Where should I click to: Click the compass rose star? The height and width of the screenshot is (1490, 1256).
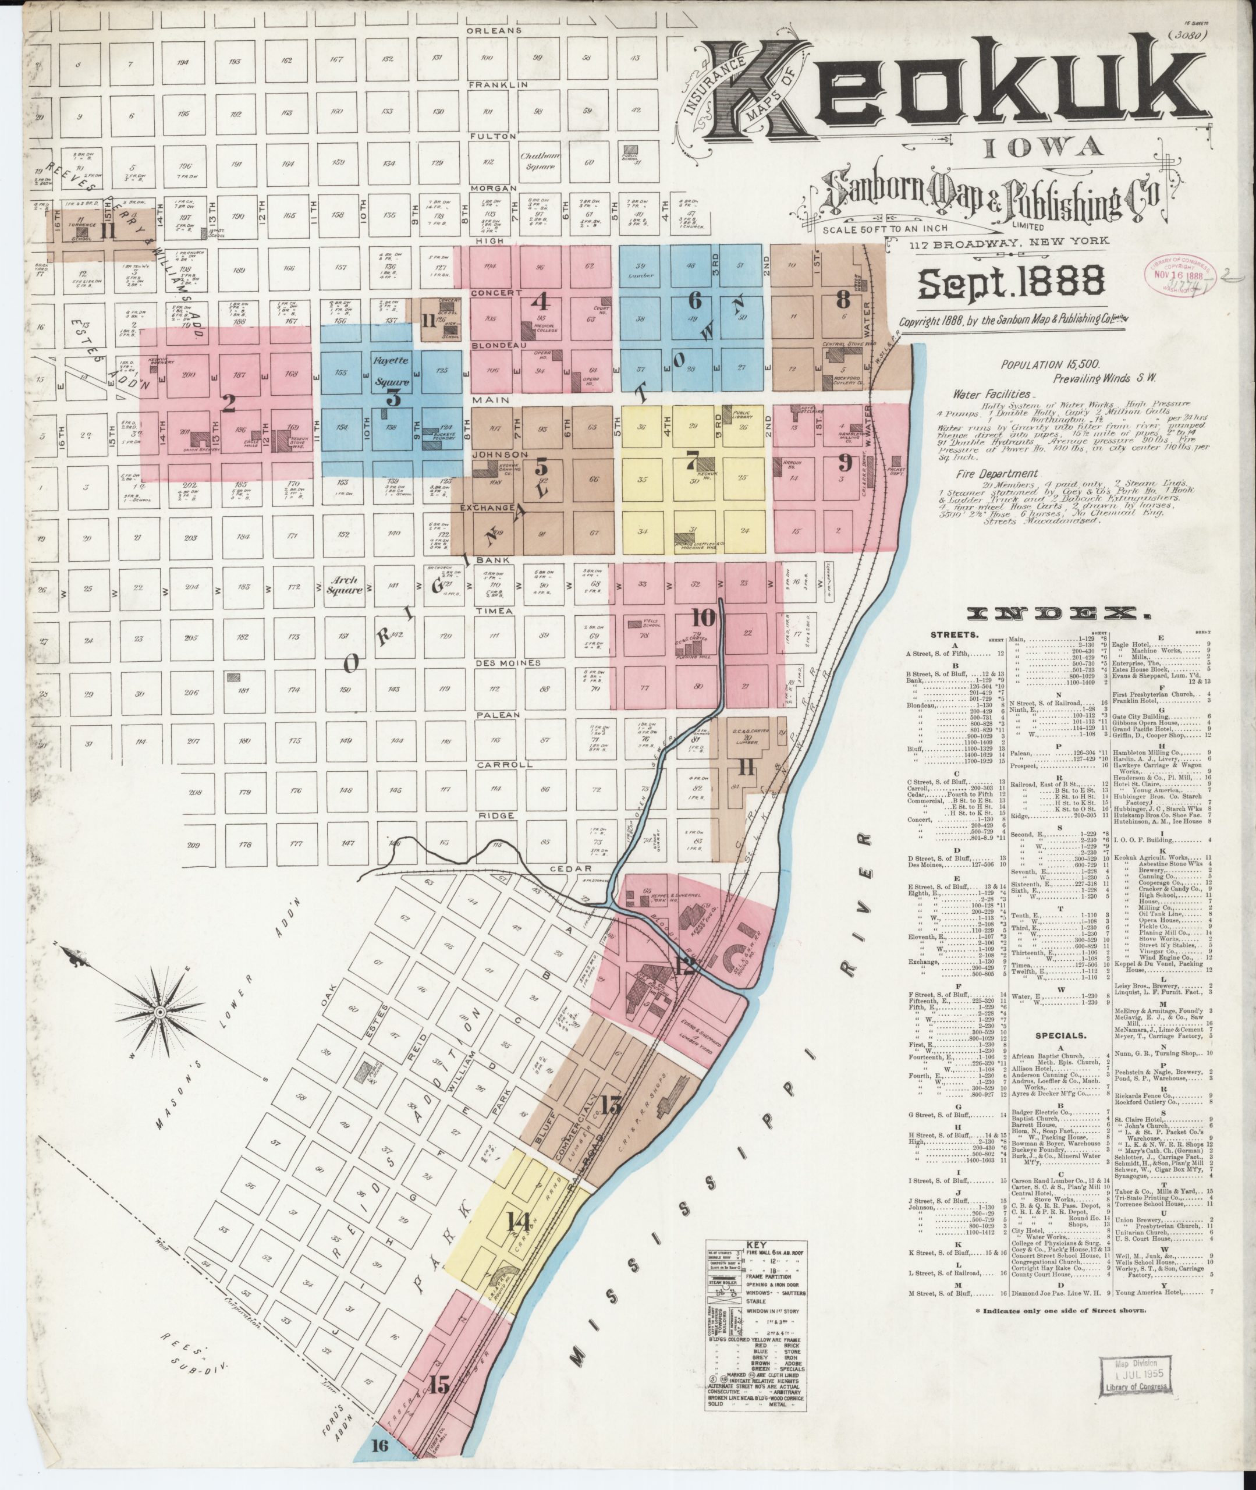160,1012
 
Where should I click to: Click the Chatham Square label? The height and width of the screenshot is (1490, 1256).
541,161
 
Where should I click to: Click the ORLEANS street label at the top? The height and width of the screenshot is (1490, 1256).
494,31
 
